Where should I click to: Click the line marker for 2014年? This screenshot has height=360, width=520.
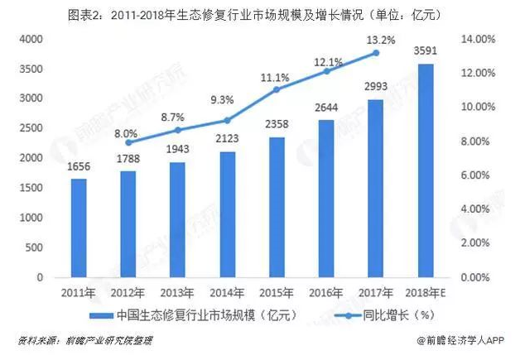point(227,121)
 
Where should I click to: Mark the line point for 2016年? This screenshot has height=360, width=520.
point(325,72)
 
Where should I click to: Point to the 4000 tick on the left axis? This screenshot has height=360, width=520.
point(31,39)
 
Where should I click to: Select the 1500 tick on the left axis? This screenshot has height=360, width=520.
point(31,188)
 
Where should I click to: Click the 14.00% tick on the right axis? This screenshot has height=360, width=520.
point(478,39)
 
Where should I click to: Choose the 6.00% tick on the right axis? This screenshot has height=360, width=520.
point(479,175)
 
